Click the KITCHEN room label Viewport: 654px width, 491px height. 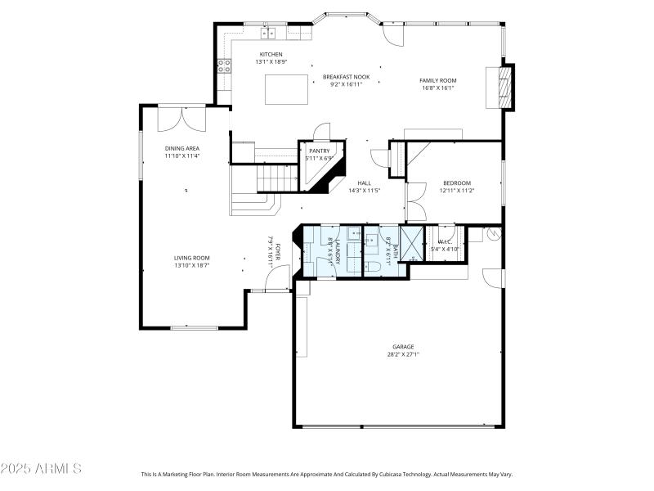coord(271,55)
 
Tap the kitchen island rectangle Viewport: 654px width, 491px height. coord(286,88)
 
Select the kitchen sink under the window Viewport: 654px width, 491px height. coord(269,34)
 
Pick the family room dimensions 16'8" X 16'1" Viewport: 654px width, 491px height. coord(437,88)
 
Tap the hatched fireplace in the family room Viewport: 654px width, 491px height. coord(507,85)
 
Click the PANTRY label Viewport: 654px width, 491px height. coord(319,151)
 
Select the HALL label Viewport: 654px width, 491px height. coord(364,183)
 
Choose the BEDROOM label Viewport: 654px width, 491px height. coord(456,183)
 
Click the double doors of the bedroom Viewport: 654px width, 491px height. coord(416,200)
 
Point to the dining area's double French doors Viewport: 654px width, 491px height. coord(181,118)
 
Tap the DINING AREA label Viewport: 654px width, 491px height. coord(181,148)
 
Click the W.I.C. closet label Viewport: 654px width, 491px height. coord(446,241)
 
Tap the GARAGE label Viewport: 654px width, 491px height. coord(403,347)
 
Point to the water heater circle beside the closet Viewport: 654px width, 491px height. coord(493,234)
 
